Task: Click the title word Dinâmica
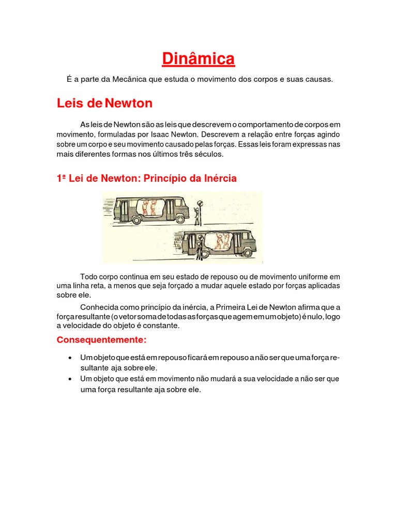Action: tap(198, 59)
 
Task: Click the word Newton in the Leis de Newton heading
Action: tap(128, 104)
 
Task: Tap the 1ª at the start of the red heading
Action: tap(62, 179)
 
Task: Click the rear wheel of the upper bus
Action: tap(137, 219)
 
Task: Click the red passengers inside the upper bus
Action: tap(149, 207)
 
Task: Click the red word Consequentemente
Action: tap(101, 340)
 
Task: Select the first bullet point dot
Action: tap(70, 358)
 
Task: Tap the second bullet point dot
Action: tap(70, 379)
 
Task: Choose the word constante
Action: tap(161, 326)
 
